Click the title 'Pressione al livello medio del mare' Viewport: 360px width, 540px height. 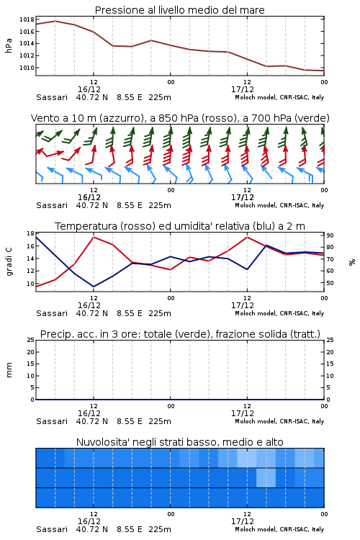(x=179, y=10)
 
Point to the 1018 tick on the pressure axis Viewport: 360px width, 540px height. (x=27, y=19)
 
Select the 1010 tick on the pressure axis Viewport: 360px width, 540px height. (x=27, y=68)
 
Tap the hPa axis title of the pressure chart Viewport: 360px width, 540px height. (x=9, y=45)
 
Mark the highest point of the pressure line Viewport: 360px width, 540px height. (x=55, y=21)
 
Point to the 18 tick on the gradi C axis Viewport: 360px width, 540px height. (x=30, y=233)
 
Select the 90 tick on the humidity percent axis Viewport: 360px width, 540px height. (x=330, y=235)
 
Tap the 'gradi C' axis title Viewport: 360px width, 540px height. (x=9, y=261)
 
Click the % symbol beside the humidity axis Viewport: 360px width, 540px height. (x=352, y=262)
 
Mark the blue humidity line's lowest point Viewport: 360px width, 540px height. (x=94, y=287)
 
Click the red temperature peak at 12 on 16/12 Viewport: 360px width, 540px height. (x=94, y=237)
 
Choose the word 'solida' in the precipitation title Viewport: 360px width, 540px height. (x=274, y=334)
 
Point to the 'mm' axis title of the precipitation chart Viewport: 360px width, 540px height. (x=9, y=370)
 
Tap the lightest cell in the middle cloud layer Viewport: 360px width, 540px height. (x=266, y=477)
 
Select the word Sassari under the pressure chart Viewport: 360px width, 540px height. (x=52, y=97)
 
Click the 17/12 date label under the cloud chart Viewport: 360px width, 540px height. (x=243, y=521)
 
